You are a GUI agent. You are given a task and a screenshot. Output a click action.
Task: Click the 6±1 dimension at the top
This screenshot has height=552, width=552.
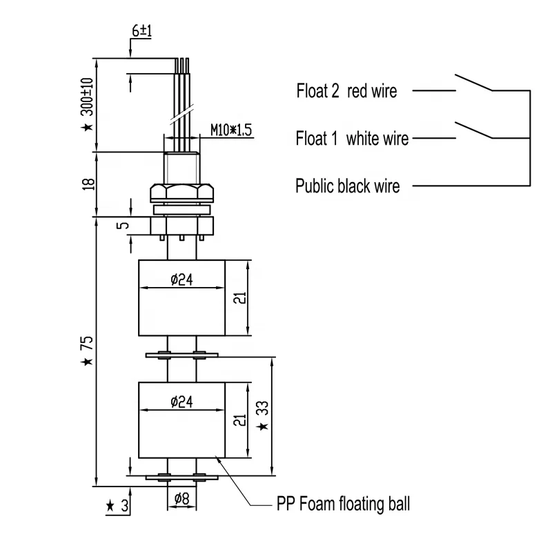140,32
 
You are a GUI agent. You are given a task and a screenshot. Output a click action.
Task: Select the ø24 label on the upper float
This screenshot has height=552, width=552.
182,279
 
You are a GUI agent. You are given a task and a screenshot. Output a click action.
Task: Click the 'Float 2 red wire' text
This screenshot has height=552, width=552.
346,90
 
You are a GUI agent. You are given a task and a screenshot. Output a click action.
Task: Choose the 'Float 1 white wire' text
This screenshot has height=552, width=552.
352,138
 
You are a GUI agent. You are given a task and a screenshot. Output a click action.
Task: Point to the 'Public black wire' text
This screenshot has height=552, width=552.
347,186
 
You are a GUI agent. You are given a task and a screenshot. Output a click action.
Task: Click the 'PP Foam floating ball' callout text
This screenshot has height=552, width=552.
344,504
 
